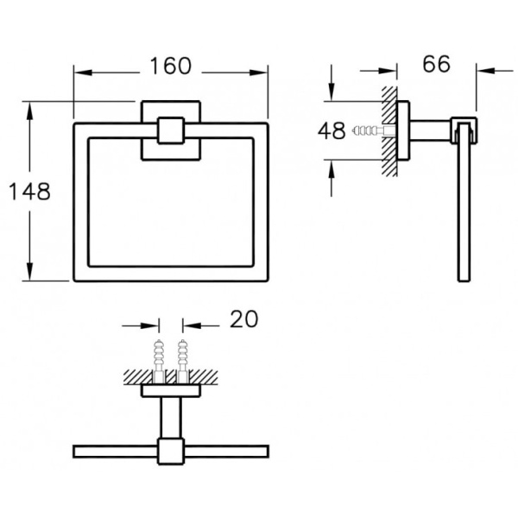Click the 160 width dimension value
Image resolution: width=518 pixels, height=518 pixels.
click(170, 66)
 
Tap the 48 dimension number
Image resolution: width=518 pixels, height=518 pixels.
click(332, 130)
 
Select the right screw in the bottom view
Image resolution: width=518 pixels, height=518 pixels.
click(182, 356)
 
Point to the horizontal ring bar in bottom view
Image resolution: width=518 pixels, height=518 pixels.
click(112, 451)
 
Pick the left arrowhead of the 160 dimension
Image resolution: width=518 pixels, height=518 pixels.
click(79, 73)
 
